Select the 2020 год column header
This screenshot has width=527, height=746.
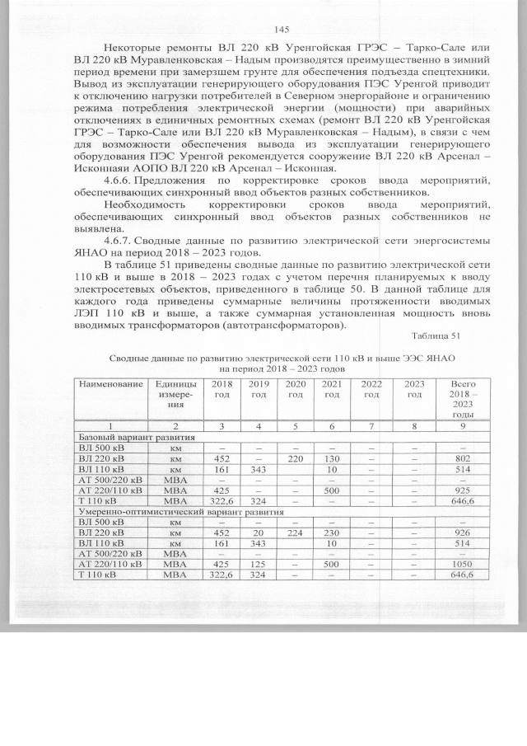tap(295, 390)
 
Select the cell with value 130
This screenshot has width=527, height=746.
tap(332, 458)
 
